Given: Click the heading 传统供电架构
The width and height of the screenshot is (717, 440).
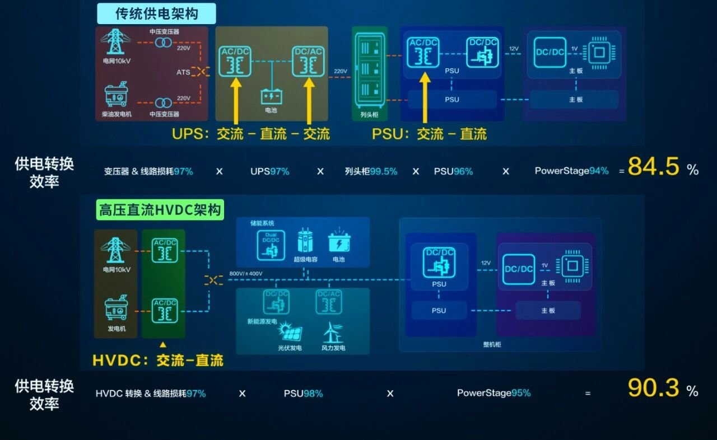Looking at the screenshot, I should coord(157,13).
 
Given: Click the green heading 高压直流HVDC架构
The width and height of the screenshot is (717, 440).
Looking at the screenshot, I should coord(160,210).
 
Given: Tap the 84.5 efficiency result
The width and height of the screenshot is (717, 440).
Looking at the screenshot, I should coord(653,167).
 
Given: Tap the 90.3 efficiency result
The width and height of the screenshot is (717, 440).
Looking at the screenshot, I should coord(653,388).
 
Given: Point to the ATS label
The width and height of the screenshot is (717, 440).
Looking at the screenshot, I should coord(183,72).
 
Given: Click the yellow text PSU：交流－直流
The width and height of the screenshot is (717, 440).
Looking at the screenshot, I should coord(429,134).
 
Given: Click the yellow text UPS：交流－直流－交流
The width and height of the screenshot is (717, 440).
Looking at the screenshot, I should coord(251,134).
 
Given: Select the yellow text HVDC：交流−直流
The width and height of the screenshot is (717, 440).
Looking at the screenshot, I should coord(158,360).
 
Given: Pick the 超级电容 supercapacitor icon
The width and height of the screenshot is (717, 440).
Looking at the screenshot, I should coord(305,241).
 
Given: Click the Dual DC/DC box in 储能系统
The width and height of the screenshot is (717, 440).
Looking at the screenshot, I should coord(271,245).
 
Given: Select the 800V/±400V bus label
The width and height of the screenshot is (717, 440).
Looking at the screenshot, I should coord(246,274).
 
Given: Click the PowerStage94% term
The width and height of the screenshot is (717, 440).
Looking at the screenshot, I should coord(571,171).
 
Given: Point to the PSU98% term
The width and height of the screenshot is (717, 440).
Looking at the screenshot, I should coord(303,394).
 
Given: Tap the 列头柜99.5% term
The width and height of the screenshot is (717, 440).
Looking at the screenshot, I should coord(371,171).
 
